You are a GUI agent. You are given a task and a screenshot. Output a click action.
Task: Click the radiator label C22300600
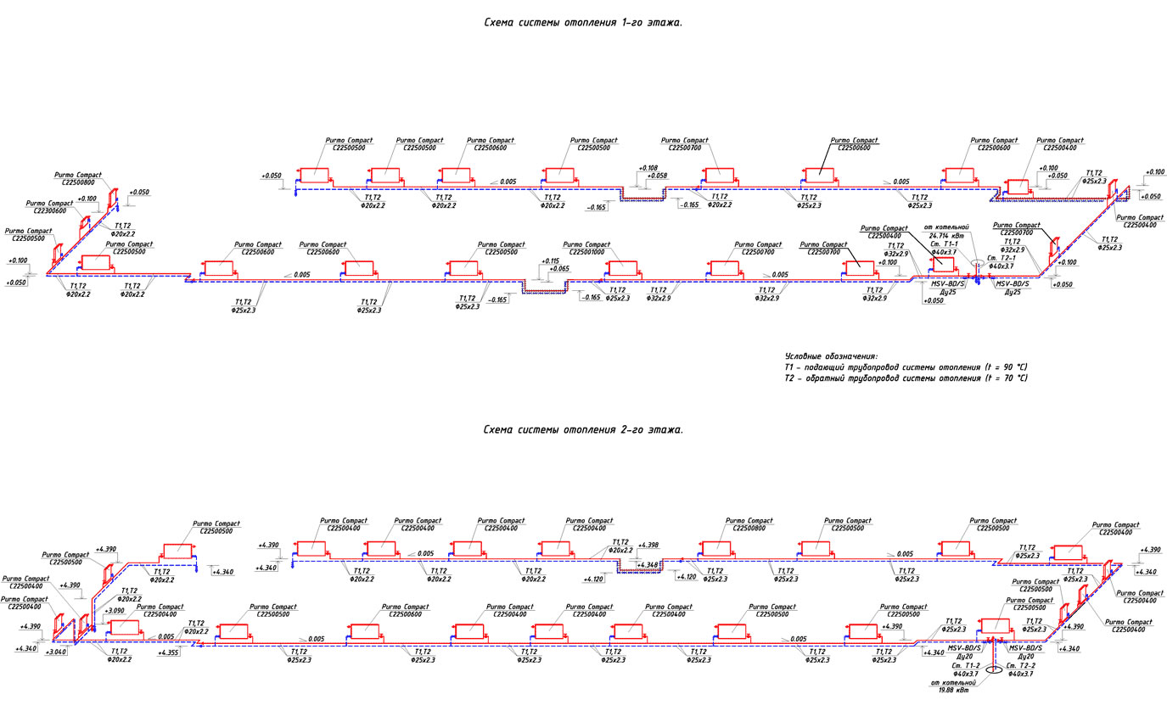coord(50,211)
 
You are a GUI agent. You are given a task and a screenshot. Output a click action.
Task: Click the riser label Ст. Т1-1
coord(945,244)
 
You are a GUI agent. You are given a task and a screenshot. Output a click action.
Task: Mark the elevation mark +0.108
coord(647,168)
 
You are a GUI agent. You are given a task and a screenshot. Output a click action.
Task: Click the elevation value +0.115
coord(550,261)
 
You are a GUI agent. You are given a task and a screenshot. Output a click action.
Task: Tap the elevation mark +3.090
coord(115,610)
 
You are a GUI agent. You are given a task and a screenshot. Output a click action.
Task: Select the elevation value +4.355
coord(168,652)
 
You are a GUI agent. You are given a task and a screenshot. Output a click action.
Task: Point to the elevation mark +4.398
coord(648,545)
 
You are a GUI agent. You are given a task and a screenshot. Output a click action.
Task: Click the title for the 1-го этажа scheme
coord(582,23)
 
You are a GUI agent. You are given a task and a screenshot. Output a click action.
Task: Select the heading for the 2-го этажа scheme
coord(582,430)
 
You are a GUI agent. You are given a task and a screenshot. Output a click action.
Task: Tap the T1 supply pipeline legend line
coord(906,367)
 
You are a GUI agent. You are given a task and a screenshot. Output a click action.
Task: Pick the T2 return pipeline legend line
coord(906,378)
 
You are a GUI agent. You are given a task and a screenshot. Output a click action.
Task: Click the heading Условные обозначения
coord(831,355)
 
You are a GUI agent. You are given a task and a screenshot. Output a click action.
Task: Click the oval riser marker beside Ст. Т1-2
coord(969,680)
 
